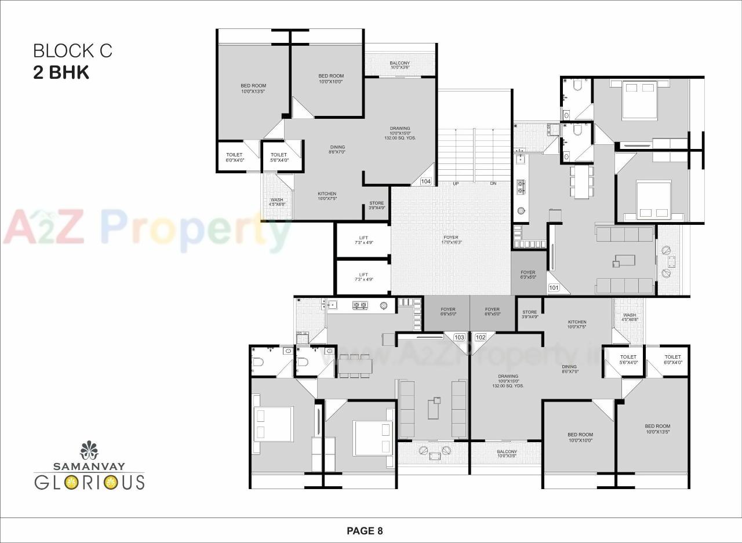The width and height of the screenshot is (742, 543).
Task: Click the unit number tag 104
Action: click(426, 181)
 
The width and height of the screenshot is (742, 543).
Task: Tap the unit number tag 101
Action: click(554, 287)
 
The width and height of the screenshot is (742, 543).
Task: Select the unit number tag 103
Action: click(460, 337)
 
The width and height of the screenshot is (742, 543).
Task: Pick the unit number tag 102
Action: click(481, 337)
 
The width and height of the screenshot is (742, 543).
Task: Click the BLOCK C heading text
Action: click(72, 51)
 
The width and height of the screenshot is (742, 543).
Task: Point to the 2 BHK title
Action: click(61, 73)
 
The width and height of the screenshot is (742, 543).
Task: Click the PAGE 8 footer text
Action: click(365, 530)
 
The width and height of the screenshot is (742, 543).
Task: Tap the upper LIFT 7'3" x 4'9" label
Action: click(363, 240)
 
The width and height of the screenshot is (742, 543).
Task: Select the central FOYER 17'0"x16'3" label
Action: click(450, 239)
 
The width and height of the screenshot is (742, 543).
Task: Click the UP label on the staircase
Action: click(456, 184)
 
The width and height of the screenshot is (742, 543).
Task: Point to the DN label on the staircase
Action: click(493, 184)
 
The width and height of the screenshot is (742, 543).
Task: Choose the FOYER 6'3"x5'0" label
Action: click(528, 275)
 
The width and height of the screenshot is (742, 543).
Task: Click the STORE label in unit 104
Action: click(376, 205)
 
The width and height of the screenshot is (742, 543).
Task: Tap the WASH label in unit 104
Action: click(277, 202)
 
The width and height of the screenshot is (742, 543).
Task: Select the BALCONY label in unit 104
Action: click(399, 65)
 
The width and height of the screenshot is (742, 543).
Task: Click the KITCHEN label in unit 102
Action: click(577, 324)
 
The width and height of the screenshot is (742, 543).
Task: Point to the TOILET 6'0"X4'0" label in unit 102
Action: click(672, 359)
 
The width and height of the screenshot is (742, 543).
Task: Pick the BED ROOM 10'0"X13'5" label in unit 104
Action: click(253, 88)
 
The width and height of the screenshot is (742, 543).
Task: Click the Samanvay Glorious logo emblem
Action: click(89, 450)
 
